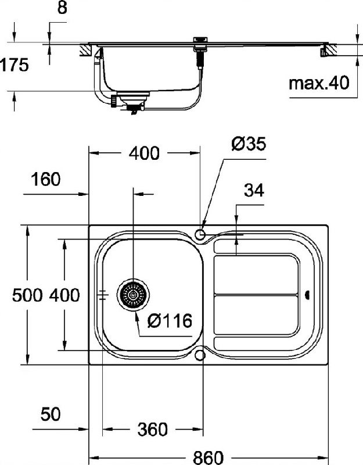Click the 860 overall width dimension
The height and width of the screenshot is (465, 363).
click(208, 457)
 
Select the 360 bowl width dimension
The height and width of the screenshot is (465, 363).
click(153, 429)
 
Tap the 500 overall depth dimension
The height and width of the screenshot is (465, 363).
click(27, 295)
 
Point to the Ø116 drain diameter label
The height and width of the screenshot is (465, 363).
click(170, 321)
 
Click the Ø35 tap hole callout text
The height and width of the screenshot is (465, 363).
click(249, 144)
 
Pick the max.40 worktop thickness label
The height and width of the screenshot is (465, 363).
click(319, 83)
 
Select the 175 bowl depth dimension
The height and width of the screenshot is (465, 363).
click(14, 65)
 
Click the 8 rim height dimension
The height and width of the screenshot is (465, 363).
click(62, 8)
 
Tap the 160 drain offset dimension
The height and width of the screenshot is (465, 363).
click(46, 180)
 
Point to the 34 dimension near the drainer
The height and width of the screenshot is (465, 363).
click(254, 191)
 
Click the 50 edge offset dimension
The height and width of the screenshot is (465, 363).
click(51, 414)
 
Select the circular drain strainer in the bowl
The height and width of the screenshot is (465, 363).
click(133, 295)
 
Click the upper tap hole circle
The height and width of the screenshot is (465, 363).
click(200, 234)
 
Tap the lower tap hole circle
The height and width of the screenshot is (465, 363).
click(200, 355)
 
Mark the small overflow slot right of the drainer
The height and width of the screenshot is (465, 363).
click(307, 295)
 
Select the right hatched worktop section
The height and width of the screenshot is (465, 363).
click(329, 50)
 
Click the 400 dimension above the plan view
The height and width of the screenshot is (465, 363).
click(144, 153)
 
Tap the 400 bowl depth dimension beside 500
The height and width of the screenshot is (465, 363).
click(64, 295)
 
